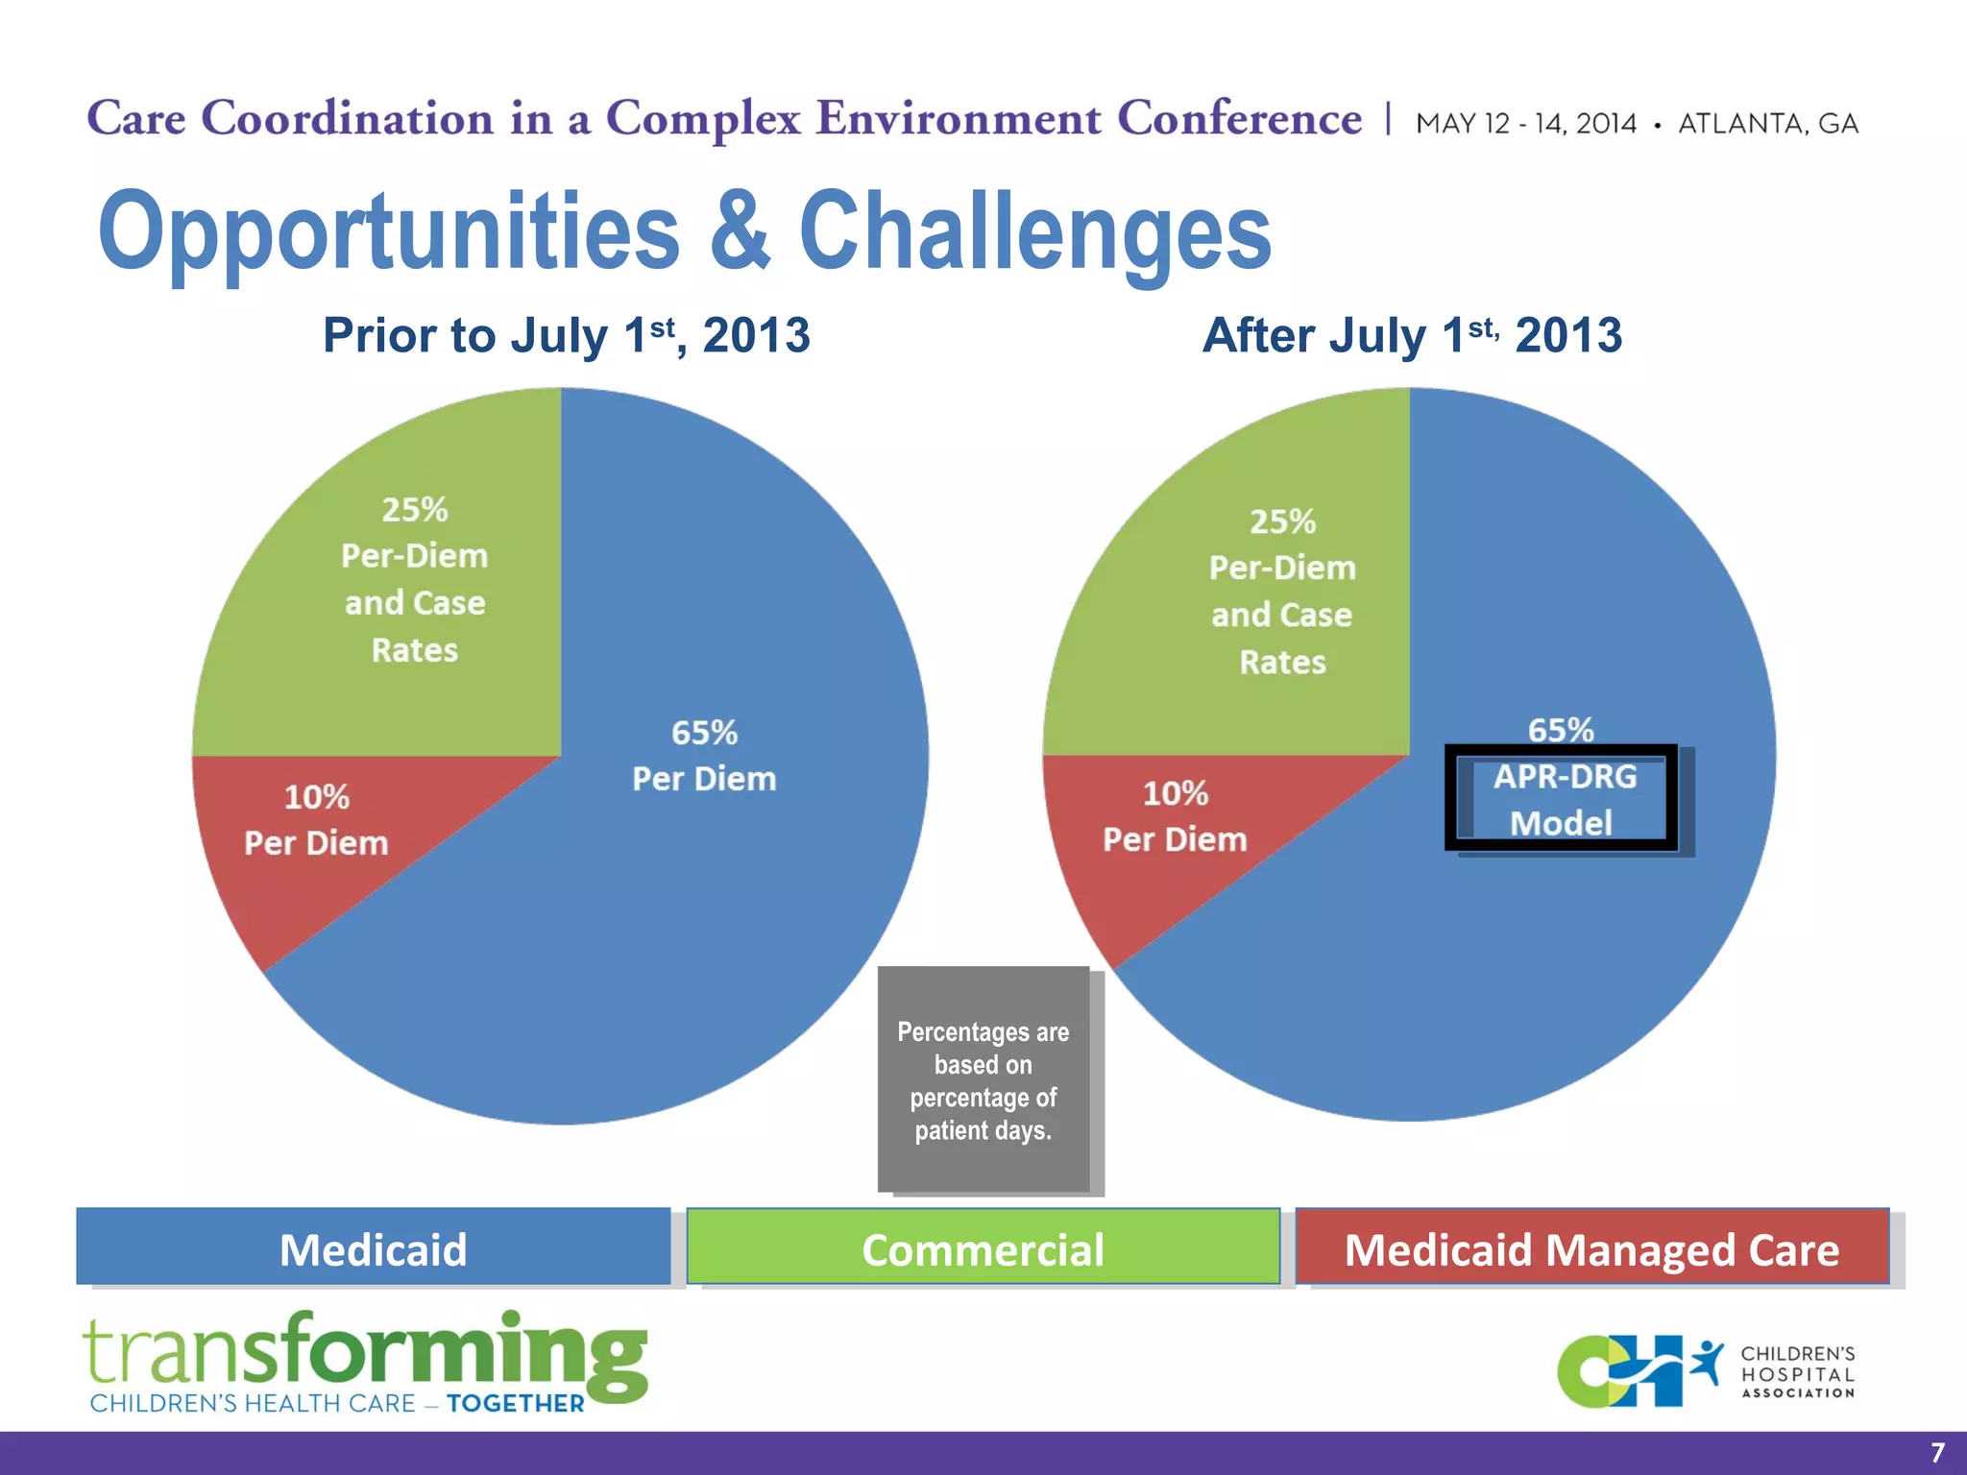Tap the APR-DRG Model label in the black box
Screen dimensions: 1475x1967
[1564, 799]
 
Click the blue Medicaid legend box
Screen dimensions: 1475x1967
[373, 1248]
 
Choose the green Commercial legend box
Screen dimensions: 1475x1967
[983, 1248]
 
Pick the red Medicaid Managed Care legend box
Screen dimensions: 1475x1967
[1591, 1248]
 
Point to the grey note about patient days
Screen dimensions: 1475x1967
[983, 1080]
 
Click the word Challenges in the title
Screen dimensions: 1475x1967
[1034, 232]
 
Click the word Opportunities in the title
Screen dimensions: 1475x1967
[389, 232]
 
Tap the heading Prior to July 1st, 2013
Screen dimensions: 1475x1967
[566, 336]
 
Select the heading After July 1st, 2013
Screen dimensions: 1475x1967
[1412, 336]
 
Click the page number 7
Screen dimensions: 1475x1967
[1936, 1452]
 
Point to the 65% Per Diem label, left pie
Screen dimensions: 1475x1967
[704, 756]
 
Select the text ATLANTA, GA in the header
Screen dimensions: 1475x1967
[1767, 124]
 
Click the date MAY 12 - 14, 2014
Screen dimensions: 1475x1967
[1525, 124]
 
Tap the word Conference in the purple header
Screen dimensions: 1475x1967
[1239, 119]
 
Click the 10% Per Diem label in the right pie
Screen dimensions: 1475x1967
[1175, 816]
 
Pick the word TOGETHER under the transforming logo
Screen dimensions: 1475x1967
[515, 1404]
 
